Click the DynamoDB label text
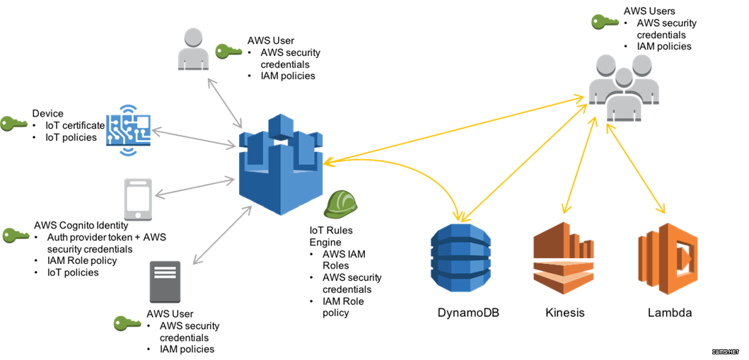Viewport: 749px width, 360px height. pos(469,313)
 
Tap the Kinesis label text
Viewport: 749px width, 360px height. pos(564,313)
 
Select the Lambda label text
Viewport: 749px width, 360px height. pos(670,313)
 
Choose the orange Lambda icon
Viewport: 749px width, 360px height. pos(668,259)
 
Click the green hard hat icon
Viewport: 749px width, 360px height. pos(341,204)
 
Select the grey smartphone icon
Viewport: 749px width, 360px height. pos(138,198)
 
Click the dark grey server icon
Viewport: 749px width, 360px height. pos(165,281)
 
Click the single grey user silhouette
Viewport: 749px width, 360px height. pos(193,50)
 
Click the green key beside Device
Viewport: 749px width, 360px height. pos(13,124)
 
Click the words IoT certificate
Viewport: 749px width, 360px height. pos(74,126)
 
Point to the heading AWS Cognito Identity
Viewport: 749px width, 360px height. pos(81,225)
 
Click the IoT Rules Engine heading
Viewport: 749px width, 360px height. pos(332,236)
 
